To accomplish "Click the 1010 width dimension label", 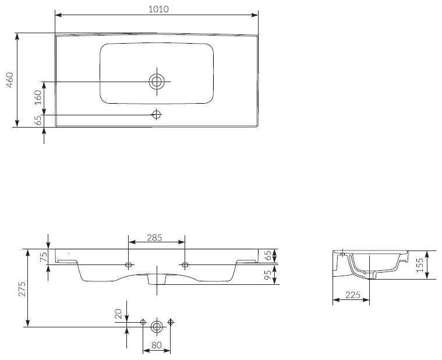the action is click(158, 9).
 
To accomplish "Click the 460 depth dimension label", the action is click(10, 80).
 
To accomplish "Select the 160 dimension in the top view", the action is click(38, 97).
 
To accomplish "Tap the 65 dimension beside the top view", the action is click(38, 121).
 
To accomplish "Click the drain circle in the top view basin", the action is click(157, 82).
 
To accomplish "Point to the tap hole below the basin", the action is click(157, 114).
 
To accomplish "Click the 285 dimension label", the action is click(154, 238).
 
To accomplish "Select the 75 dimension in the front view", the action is click(44, 257).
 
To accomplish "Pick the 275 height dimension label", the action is click(22, 289).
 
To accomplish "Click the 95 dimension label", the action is click(268, 275).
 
